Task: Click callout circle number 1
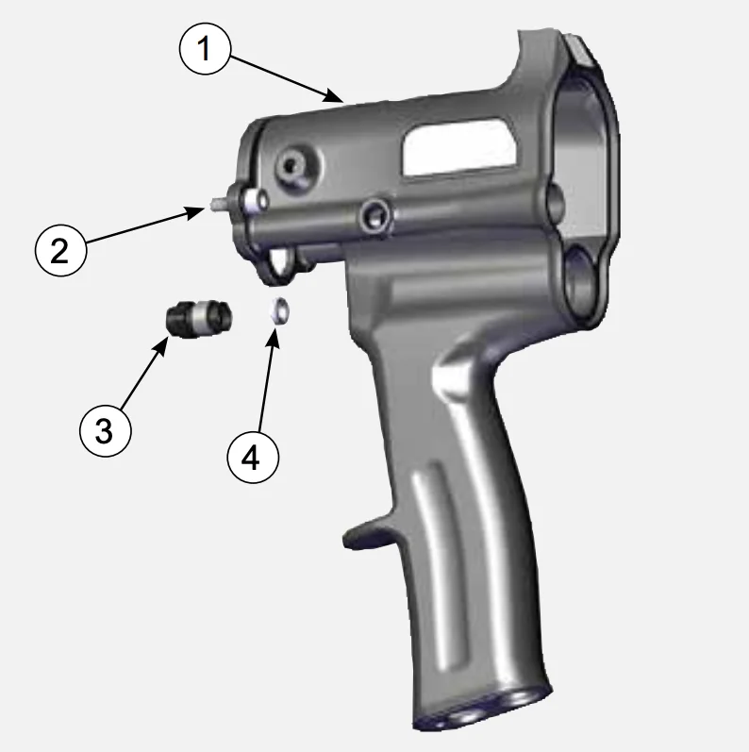pyautogui.click(x=205, y=48)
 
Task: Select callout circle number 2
pyautogui.click(x=60, y=250)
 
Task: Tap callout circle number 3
pyautogui.click(x=105, y=430)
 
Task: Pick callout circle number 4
pyautogui.click(x=253, y=457)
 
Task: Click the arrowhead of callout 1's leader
pyautogui.click(x=335, y=96)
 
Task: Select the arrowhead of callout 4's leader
pyautogui.click(x=274, y=339)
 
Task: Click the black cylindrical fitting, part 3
pyautogui.click(x=199, y=318)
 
